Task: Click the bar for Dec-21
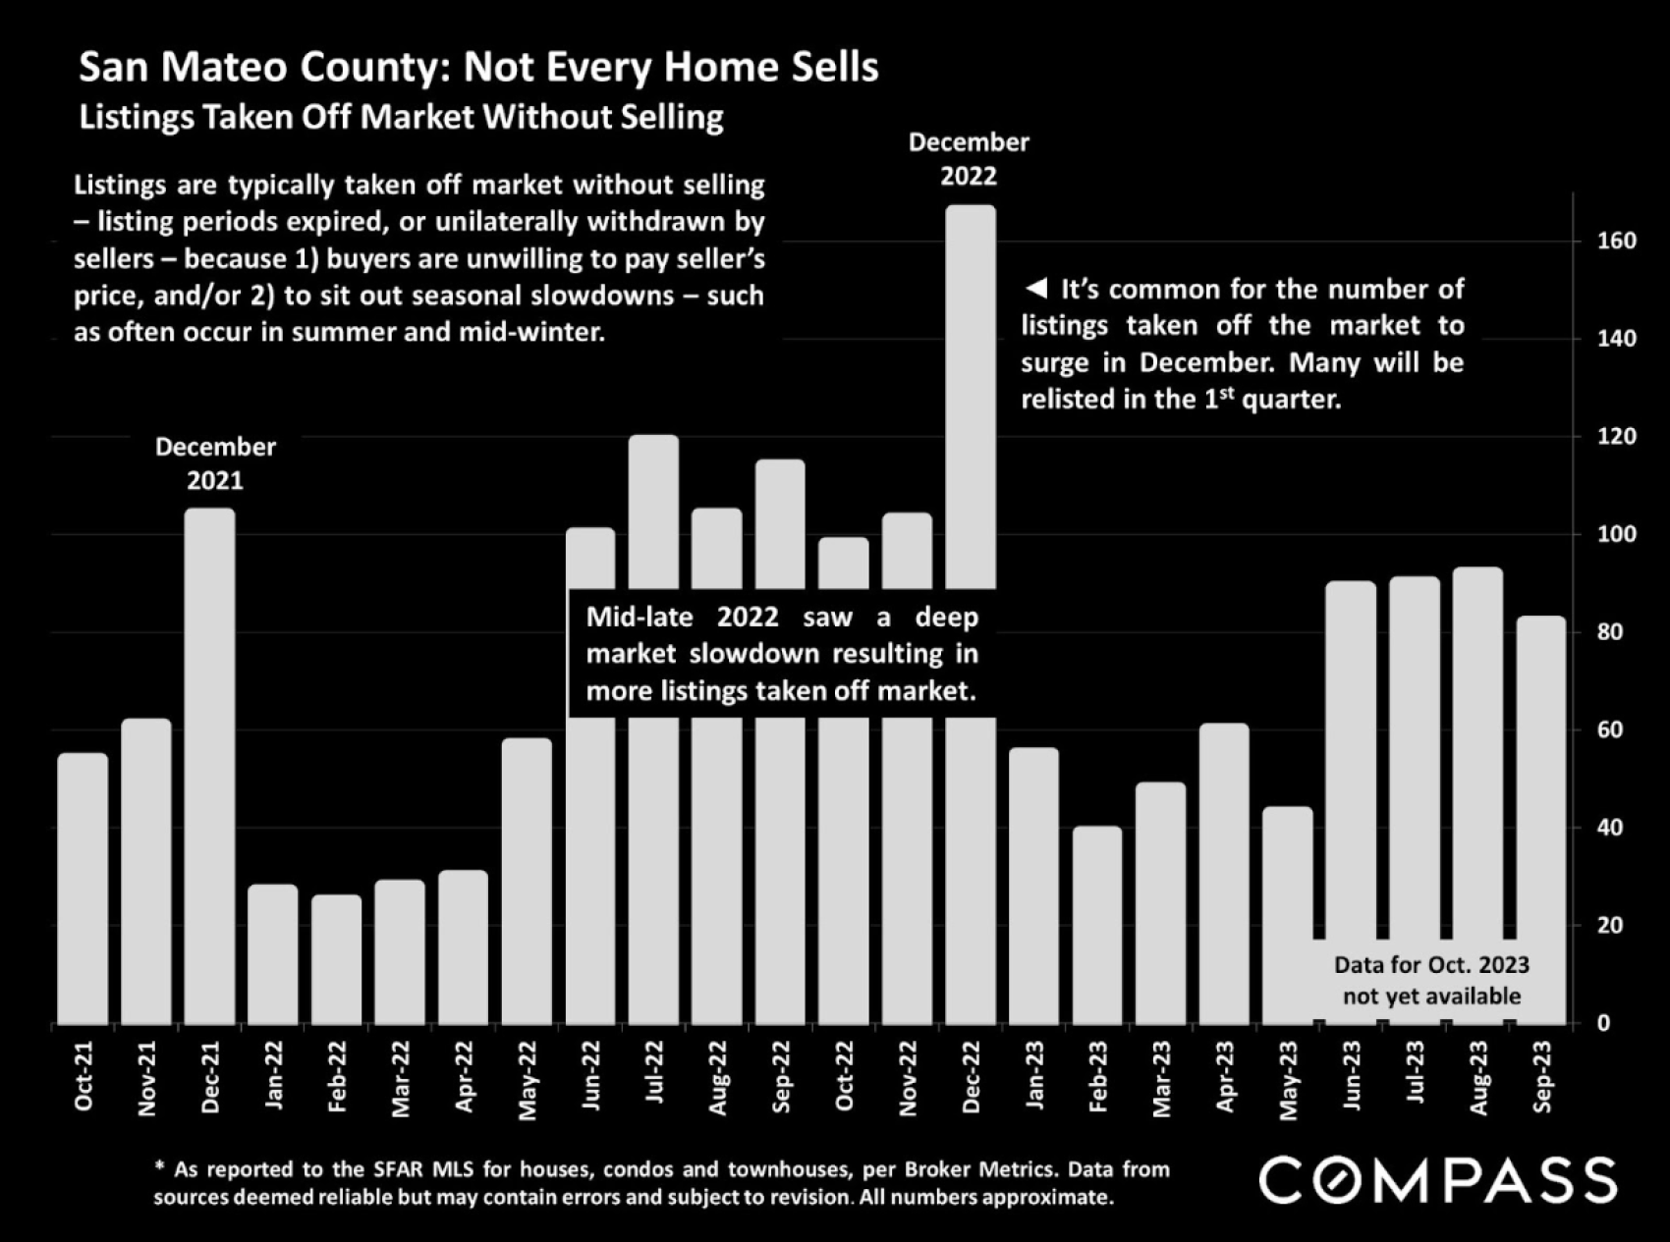pos(210,766)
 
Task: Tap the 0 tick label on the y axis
pos(1603,1023)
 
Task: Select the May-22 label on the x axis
pos(528,1080)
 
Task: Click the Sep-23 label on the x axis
pos(1542,1077)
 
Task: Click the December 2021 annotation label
pos(215,463)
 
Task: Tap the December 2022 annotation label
pos(969,159)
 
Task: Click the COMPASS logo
pos(1438,1180)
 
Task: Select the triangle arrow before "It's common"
pos(1035,289)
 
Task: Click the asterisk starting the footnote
pos(160,1167)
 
